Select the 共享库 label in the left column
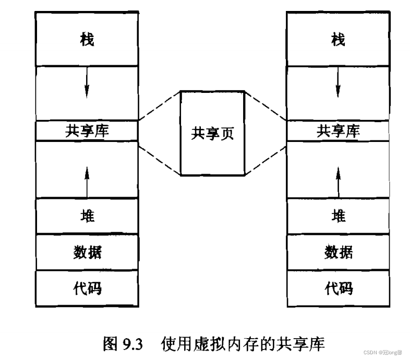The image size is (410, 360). coord(87,131)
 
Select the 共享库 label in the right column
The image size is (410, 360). coord(339,131)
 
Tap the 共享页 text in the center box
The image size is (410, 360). coord(212,134)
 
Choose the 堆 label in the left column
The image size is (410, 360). coord(87,215)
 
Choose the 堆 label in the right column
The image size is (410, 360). coord(339,215)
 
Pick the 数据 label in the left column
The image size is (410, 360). coord(87,252)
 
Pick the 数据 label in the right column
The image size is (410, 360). coord(339,252)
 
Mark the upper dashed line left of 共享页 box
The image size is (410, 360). coord(159,106)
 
